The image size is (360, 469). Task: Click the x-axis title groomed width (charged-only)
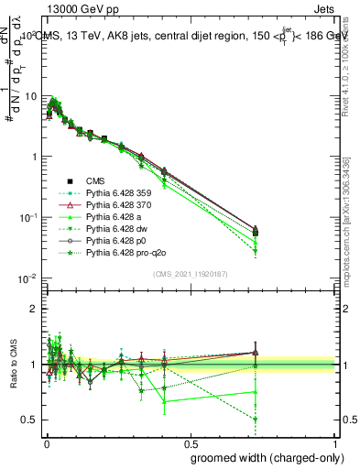pos(262,457)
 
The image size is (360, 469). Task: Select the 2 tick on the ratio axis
pos(36,309)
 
